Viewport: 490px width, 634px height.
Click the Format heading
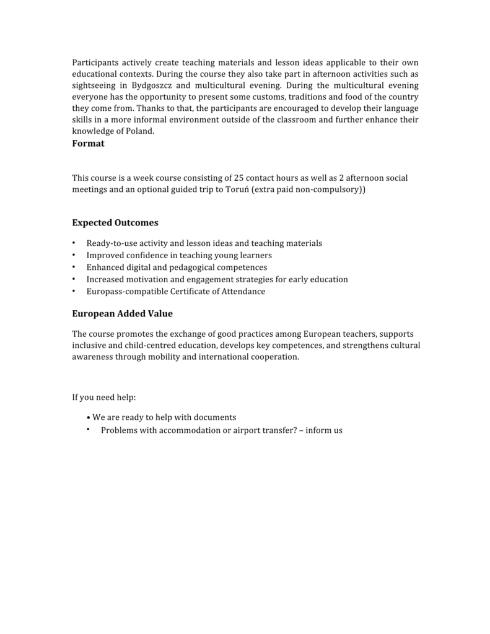[88, 144]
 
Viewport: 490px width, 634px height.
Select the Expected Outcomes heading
[115, 222]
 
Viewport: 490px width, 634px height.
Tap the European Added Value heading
[122, 314]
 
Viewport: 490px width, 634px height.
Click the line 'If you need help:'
[103, 397]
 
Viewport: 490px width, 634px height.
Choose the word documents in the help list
[214, 417]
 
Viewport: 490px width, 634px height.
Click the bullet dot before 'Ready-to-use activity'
[74, 243]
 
